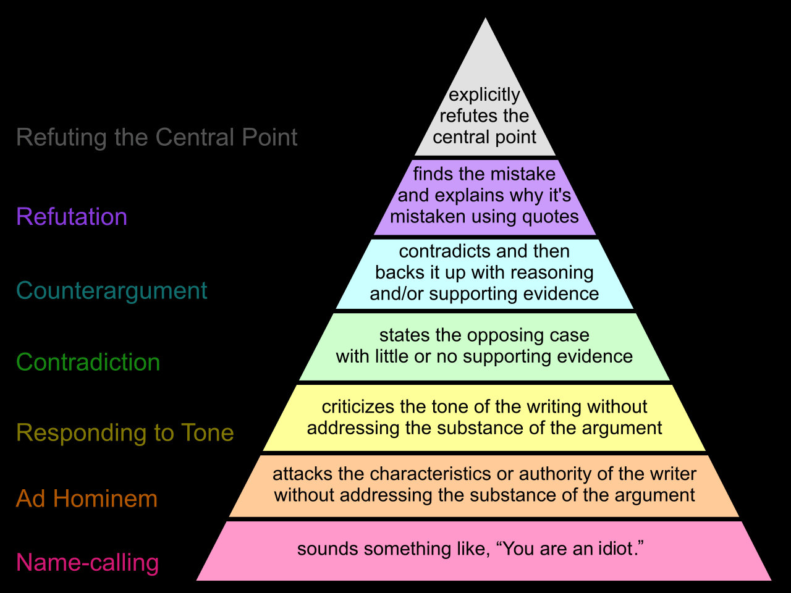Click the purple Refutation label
[72, 217]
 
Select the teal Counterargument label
[112, 290]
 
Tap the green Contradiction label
[88, 362]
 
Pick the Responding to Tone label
[125, 433]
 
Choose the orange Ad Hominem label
[87, 498]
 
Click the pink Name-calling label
[88, 563]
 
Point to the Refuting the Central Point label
[157, 137]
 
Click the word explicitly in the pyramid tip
[484, 95]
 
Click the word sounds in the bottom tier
[328, 549]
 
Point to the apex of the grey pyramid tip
[485, 18]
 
